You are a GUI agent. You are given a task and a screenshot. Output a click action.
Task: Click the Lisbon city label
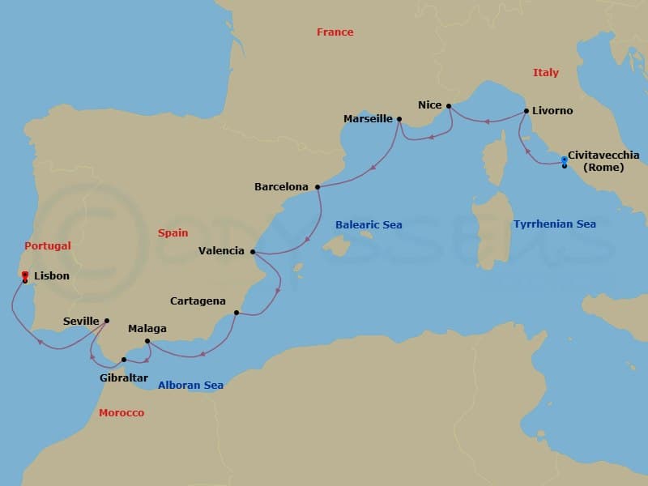[52, 275]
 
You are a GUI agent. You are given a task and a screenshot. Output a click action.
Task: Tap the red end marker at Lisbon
[25, 275]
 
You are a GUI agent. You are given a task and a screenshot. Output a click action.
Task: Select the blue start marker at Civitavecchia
[565, 160]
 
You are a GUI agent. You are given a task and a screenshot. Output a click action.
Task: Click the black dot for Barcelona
[318, 187]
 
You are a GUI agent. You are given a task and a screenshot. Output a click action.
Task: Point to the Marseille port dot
[399, 119]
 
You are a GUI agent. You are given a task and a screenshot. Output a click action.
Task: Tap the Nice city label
[429, 104]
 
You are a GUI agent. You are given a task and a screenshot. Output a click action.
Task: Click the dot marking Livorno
[526, 110]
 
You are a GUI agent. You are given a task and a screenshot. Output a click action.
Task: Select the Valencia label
[221, 251]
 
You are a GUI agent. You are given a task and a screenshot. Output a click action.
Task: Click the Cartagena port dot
[236, 313]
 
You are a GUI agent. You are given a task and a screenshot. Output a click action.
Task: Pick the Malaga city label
[147, 329]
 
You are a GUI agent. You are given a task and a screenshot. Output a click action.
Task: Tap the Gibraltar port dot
[123, 360]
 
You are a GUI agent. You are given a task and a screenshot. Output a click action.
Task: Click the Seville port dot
[107, 321]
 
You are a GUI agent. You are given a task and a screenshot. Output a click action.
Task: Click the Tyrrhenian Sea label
[554, 224]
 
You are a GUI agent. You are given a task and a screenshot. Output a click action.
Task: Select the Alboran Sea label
[190, 386]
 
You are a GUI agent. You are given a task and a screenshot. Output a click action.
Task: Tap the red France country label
[335, 32]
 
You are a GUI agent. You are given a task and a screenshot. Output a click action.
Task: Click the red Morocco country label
[122, 413]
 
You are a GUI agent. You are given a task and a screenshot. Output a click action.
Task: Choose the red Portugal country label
[48, 245]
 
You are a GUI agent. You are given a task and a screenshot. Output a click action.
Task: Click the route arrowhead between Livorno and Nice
[488, 122]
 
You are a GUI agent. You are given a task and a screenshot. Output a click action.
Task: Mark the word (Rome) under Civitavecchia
[603, 168]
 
